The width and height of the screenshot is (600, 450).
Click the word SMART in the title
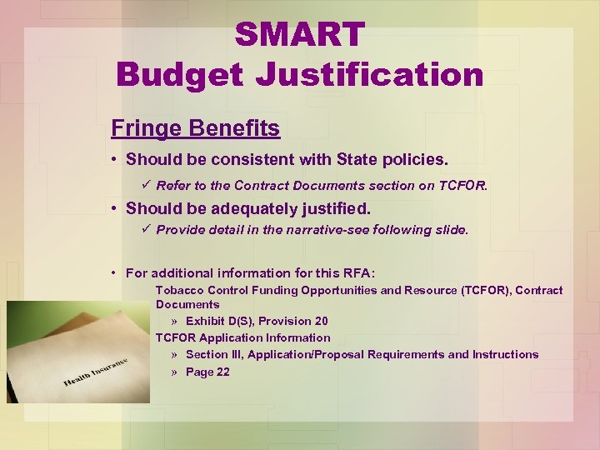pyautogui.click(x=299, y=35)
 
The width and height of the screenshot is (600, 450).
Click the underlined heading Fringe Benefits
pyautogui.click(x=196, y=128)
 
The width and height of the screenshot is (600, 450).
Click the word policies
pyautogui.click(x=418, y=158)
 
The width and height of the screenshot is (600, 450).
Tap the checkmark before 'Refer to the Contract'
pyautogui.click(x=147, y=185)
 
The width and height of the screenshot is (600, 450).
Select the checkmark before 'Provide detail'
pyautogui.click(x=147, y=228)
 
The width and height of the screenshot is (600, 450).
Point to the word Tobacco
pyautogui.click(x=179, y=290)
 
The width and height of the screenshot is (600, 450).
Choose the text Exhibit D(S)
pyautogui.click(x=219, y=321)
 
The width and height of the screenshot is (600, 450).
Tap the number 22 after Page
pyautogui.click(x=222, y=372)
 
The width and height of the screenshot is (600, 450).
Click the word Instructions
pyautogui.click(x=506, y=354)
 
